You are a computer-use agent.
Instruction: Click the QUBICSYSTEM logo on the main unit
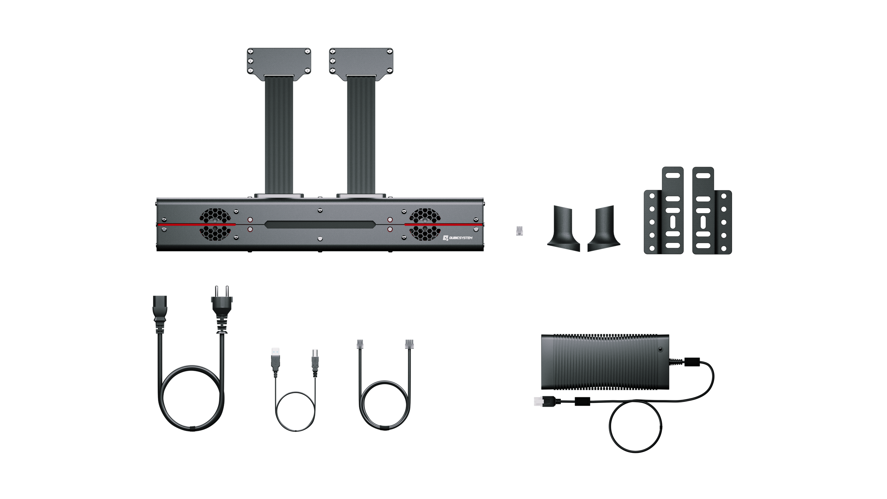[458, 238]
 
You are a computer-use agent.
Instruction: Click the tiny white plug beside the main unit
[519, 232]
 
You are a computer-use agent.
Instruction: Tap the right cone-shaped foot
[604, 230]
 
